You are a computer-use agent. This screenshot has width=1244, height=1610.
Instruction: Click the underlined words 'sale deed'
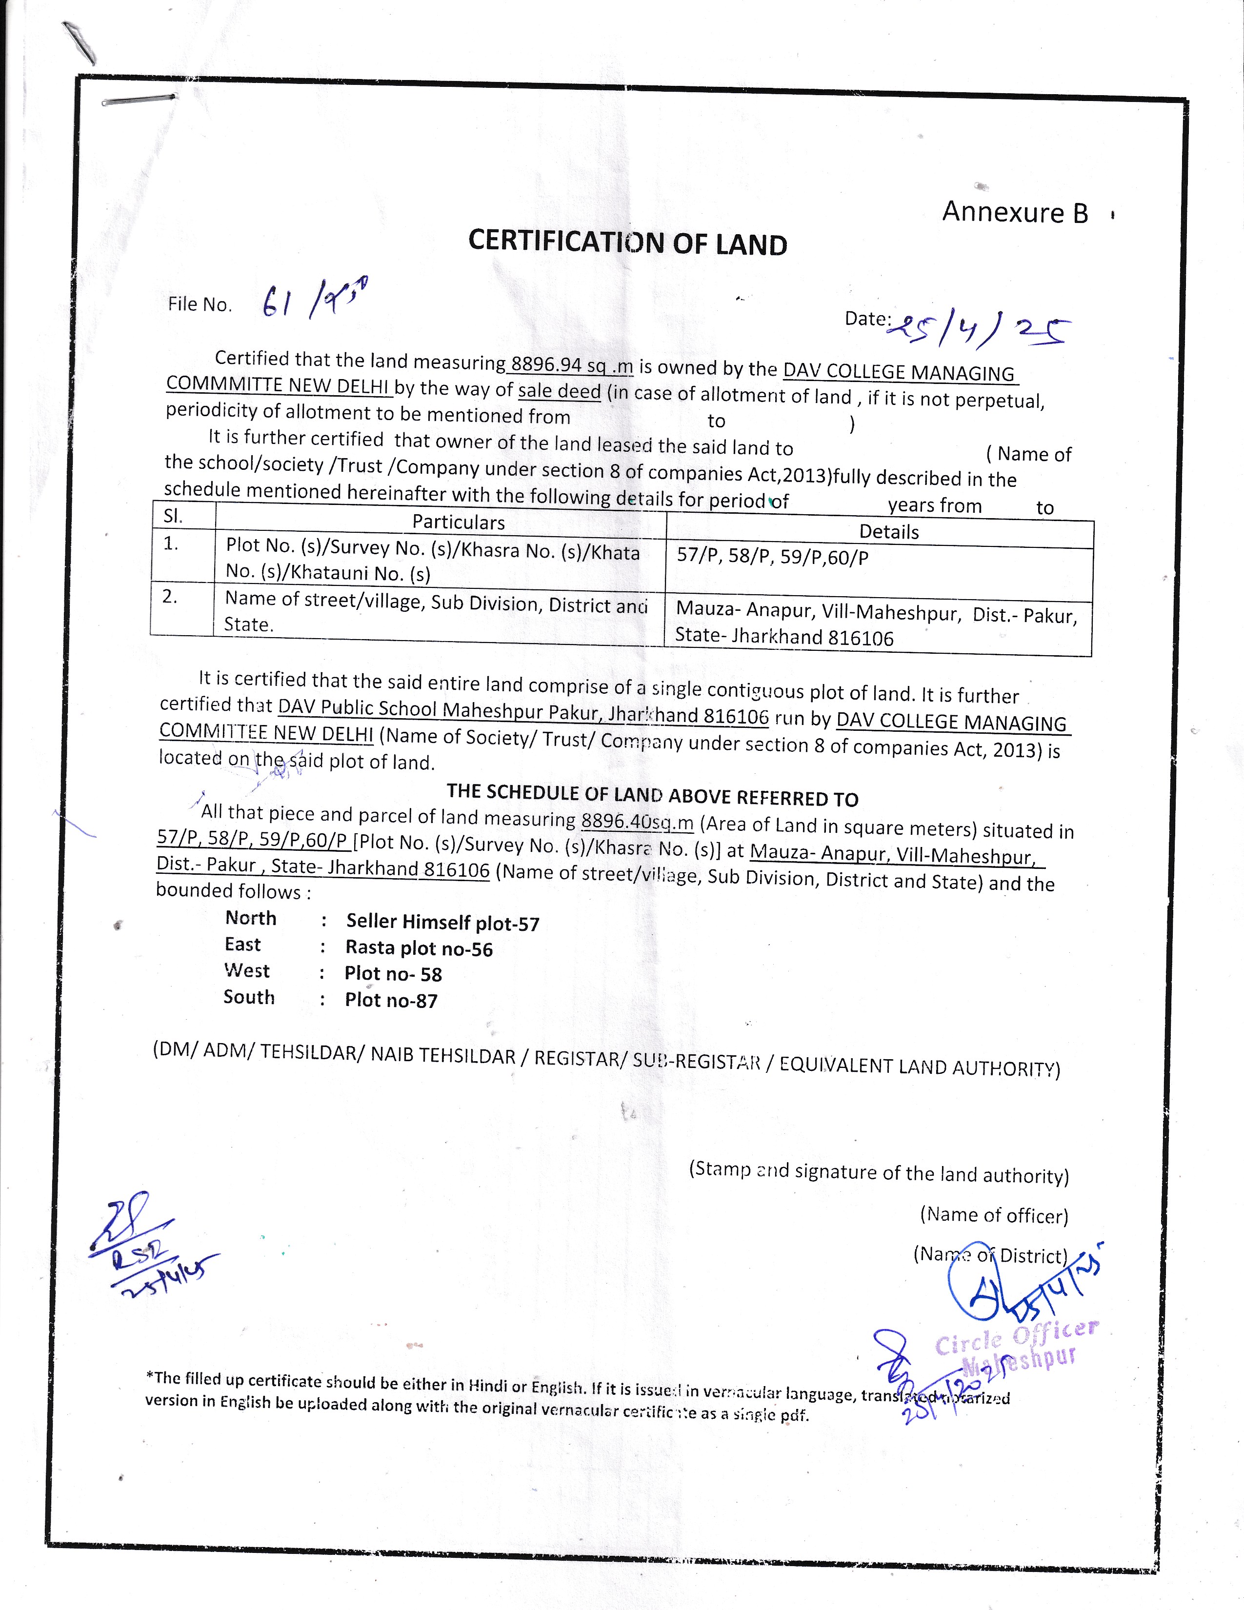click(x=560, y=391)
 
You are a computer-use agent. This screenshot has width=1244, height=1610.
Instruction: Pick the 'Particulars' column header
click(x=459, y=522)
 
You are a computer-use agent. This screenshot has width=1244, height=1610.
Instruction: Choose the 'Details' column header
click(x=889, y=531)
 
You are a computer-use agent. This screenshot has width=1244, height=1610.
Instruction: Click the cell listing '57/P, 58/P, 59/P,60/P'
click(x=772, y=557)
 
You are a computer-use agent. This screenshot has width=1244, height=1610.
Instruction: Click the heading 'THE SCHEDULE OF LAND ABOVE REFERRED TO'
click(x=652, y=795)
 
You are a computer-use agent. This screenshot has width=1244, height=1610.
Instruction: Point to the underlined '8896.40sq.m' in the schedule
click(x=638, y=821)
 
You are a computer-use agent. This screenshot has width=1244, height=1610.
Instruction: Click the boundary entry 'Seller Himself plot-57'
click(x=442, y=922)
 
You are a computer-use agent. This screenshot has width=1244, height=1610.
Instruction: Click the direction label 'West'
click(x=247, y=971)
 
